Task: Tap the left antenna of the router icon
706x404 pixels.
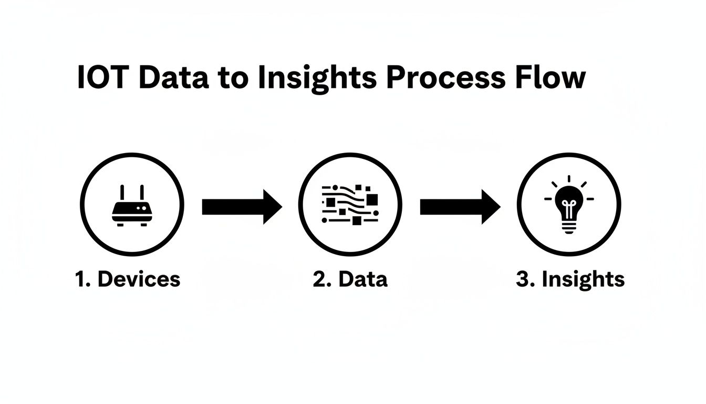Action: (122, 193)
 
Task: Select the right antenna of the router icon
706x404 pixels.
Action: (141, 193)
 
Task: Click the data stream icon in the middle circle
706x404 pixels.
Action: (350, 205)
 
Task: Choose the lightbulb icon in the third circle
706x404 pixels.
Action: (569, 205)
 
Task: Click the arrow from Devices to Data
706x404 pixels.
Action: (242, 207)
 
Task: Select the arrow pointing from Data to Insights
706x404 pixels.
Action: (460, 207)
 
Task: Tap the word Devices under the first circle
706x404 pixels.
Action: (139, 279)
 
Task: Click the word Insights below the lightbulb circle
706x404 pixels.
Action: (583, 279)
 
